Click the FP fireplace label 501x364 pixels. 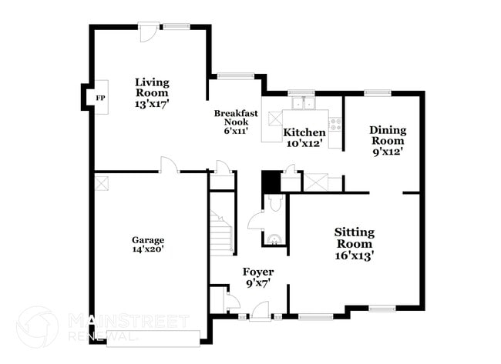point(99,99)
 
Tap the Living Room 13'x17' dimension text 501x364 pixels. point(152,102)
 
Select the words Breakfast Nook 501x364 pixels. point(235,118)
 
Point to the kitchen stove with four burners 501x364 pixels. point(335,122)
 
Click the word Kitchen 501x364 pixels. point(304,132)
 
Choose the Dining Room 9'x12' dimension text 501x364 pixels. point(387,152)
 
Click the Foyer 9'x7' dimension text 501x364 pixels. point(257,284)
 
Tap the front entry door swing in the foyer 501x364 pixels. point(261,310)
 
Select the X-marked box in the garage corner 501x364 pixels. point(101,181)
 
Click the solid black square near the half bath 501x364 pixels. point(270,182)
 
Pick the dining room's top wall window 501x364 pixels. point(377,93)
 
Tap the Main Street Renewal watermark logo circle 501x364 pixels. point(37,326)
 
